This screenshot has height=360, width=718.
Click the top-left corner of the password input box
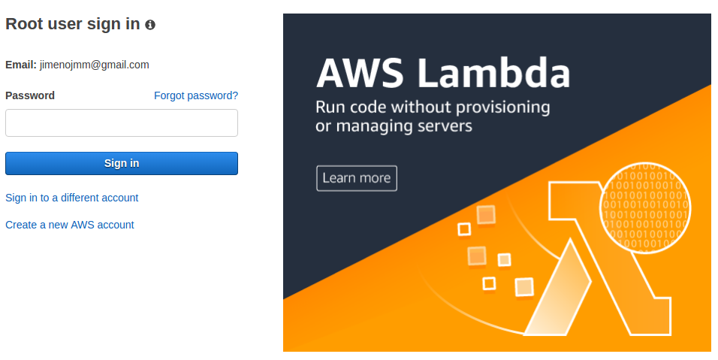[x=5, y=109]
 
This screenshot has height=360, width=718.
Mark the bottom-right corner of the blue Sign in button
[x=238, y=175]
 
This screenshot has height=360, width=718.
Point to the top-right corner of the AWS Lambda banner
[x=711, y=14]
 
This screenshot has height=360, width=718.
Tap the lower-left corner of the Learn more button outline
[x=316, y=191]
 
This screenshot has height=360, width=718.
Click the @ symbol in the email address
[x=95, y=65]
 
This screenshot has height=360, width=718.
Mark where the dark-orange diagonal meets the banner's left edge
[x=283, y=299]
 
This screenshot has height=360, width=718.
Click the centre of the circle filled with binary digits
[x=645, y=207]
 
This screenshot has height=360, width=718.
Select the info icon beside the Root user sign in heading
[x=150, y=25]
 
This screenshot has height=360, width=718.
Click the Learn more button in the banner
[x=357, y=178]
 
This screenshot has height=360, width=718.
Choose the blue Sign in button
[x=122, y=164]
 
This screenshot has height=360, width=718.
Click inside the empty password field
[x=122, y=123]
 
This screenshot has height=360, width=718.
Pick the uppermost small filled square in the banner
[x=486, y=215]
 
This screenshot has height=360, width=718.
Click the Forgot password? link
[x=196, y=95]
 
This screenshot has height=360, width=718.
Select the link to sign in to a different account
[x=72, y=198]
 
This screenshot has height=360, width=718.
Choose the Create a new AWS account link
[x=70, y=225]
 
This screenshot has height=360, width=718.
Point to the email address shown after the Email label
[x=95, y=65]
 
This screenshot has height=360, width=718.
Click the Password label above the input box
[x=30, y=95]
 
